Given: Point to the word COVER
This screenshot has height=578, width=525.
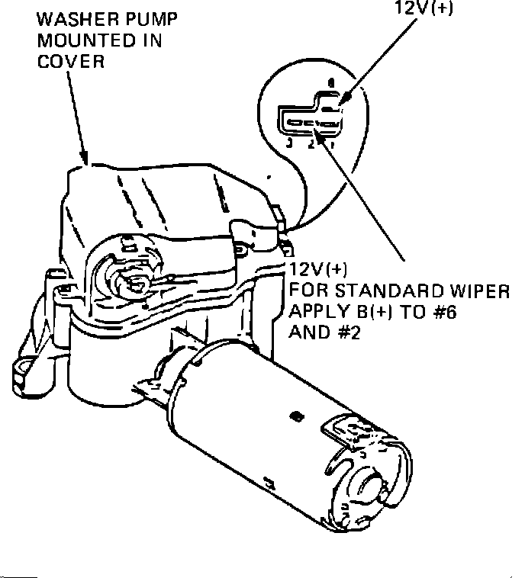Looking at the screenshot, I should [x=71, y=62].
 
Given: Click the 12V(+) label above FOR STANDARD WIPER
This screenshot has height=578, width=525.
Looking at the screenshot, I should [x=318, y=269].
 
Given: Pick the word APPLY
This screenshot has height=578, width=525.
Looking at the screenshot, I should [x=314, y=312].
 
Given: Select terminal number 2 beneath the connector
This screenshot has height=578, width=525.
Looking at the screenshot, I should [x=311, y=143].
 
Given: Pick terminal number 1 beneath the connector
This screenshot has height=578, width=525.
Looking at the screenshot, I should [x=330, y=142].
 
